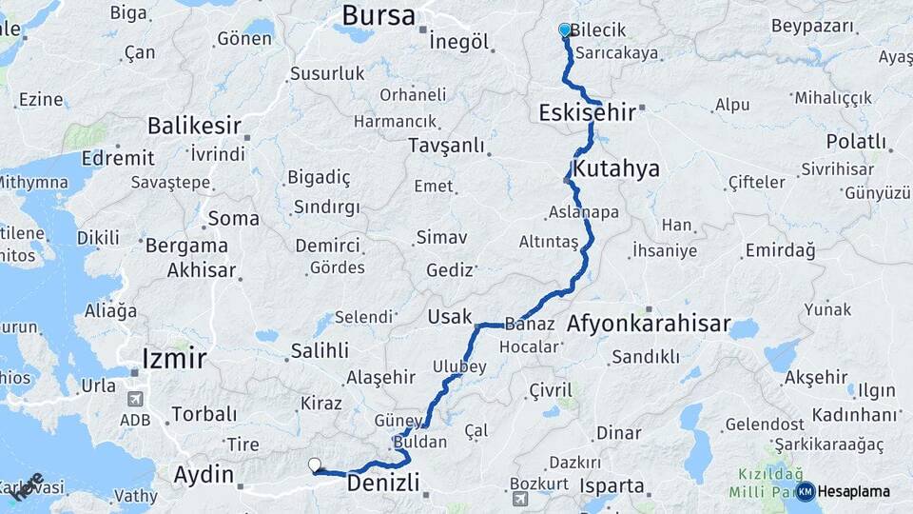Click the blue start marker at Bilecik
[x=565, y=30]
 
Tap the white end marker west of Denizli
[x=315, y=465]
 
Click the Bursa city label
[x=378, y=15]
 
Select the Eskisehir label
[x=587, y=112]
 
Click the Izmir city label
[x=174, y=358]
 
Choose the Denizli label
[x=383, y=484]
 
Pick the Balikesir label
[x=194, y=126]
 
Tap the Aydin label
[x=204, y=474]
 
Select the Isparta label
[x=612, y=485]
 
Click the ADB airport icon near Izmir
[x=133, y=399]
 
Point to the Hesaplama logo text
[x=853, y=491]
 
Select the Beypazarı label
[x=812, y=26]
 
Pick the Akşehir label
[x=816, y=378]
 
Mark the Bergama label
[x=186, y=245]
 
